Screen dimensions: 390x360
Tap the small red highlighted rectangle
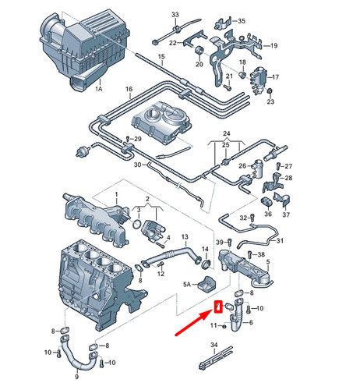click(x=219, y=306)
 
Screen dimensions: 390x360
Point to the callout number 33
click(x=175, y=16)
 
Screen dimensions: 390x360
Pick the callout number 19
click(x=273, y=47)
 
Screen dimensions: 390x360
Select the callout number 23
click(x=270, y=102)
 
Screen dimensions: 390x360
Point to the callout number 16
click(x=129, y=90)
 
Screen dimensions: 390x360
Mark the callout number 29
click(x=138, y=139)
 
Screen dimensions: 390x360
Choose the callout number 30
click(x=137, y=165)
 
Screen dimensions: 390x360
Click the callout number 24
click(x=226, y=133)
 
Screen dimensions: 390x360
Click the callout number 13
click(x=185, y=236)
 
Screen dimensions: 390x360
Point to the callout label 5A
click(x=187, y=286)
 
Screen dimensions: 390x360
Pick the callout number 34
click(x=214, y=344)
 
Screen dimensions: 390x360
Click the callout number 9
click(x=76, y=377)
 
